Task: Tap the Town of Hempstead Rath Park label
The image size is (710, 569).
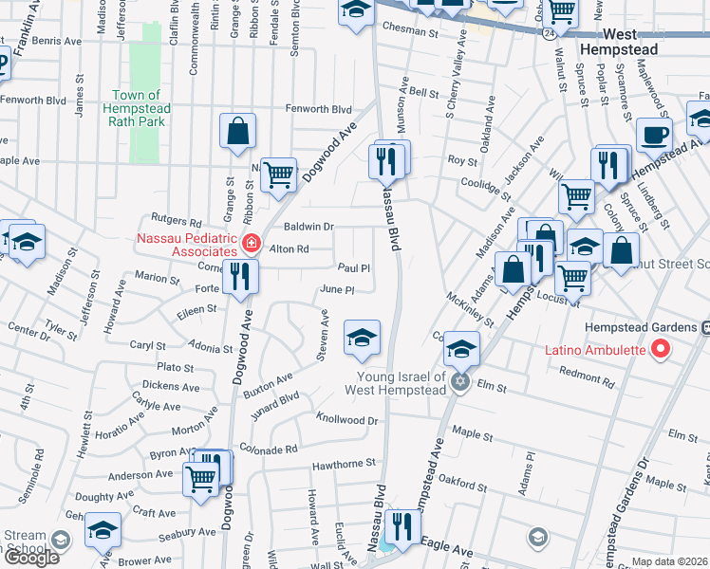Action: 141,101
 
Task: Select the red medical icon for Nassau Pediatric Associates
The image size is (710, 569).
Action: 251,244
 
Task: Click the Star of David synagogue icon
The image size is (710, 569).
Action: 459,382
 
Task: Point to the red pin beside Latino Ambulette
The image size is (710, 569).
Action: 662,350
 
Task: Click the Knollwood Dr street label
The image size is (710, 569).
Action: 346,419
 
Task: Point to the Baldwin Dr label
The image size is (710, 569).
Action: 308,227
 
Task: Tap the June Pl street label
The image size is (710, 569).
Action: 337,289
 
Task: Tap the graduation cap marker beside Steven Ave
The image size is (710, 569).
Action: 361,339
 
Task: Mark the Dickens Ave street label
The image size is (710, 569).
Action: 171,387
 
